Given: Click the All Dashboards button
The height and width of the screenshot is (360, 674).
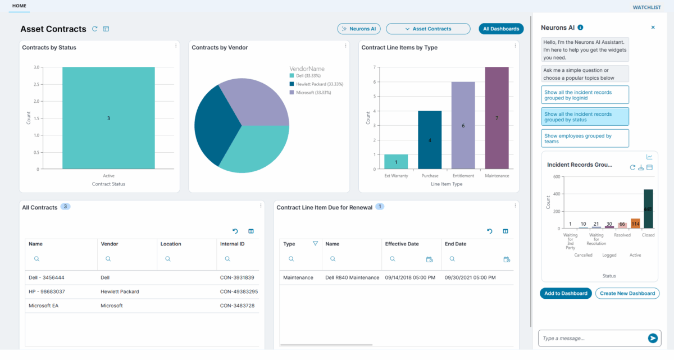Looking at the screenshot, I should click(x=501, y=29).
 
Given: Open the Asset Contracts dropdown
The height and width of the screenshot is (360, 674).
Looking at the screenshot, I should click(x=428, y=29).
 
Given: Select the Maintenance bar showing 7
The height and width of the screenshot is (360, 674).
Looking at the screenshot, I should click(x=497, y=118).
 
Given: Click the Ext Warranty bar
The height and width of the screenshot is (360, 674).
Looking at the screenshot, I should click(x=396, y=162).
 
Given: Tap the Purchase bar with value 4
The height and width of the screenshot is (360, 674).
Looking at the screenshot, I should click(x=430, y=140).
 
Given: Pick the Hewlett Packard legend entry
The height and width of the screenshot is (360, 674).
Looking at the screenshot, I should click(x=316, y=84).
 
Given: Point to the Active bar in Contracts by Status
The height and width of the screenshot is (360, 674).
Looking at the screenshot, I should click(x=108, y=118).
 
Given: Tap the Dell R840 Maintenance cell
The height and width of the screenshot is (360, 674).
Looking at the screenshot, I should click(x=352, y=277).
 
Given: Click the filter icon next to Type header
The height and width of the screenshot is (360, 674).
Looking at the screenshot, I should click(x=315, y=244).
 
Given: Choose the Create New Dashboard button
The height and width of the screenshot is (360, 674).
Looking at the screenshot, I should click(x=627, y=293).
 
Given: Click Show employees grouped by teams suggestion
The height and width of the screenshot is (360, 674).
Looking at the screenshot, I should click(x=585, y=138).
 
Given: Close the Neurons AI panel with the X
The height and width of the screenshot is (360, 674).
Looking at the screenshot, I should click(x=653, y=27).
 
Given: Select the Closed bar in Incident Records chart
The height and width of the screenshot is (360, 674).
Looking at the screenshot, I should click(x=648, y=209).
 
